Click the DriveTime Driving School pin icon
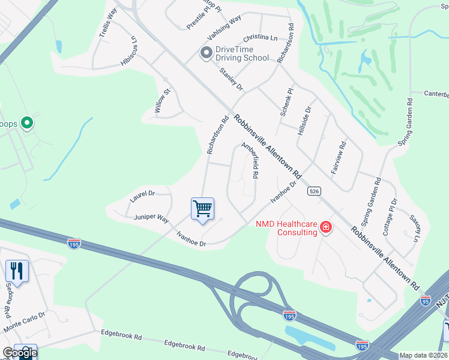(206, 53)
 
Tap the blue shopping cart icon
(202, 209)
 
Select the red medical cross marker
(325, 227)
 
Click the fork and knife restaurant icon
(17, 271)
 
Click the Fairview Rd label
(338, 158)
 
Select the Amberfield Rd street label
(250, 160)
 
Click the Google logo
(19, 353)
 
